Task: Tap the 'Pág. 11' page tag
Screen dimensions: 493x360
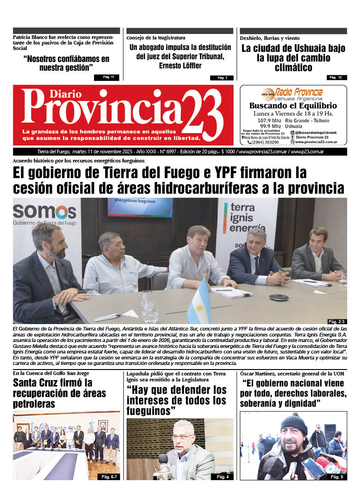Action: pos(109,77)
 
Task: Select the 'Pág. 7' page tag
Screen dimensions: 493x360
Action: pos(222,78)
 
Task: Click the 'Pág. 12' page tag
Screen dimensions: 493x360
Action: pos(337,77)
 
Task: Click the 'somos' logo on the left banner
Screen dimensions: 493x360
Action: pos(44,212)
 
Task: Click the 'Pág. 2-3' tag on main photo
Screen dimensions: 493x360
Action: pos(336,321)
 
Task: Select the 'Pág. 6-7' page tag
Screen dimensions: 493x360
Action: pos(108,477)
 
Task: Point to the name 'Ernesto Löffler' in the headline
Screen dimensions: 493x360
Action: pos(180,66)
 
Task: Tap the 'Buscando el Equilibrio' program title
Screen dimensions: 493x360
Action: pos(293,106)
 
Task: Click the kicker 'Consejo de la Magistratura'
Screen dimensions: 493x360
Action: pos(156,38)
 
